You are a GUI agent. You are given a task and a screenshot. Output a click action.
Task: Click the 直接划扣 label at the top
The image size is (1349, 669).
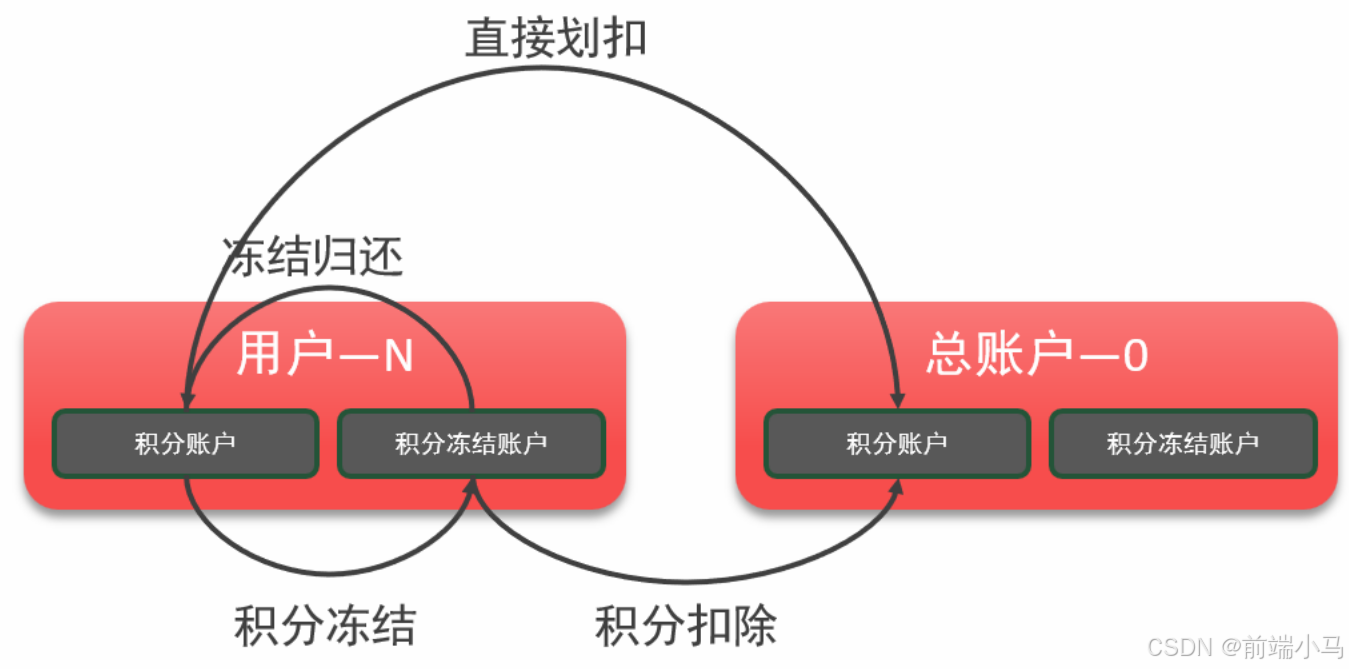[x=556, y=38]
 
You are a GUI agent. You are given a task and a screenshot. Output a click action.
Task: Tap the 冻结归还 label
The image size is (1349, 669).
[x=312, y=257]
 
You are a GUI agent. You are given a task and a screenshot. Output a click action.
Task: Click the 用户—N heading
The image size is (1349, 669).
[x=325, y=355]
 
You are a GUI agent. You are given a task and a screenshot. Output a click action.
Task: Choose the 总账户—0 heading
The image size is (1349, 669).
[x=1036, y=355]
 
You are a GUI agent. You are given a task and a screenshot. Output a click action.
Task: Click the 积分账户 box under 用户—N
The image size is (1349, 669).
[x=185, y=443]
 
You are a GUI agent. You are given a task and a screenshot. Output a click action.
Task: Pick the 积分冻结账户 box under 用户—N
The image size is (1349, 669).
[x=471, y=443]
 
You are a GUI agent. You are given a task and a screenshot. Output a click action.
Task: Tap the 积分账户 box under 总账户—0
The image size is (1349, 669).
[x=897, y=443]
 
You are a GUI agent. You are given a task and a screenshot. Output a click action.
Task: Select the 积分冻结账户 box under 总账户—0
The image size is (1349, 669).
[x=1183, y=443]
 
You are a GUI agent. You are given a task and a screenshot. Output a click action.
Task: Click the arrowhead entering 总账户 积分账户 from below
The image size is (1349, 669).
[x=897, y=486]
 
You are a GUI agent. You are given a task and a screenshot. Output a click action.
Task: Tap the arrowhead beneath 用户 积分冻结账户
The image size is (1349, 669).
[x=471, y=486]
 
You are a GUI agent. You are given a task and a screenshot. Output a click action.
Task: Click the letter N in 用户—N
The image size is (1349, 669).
[x=398, y=356]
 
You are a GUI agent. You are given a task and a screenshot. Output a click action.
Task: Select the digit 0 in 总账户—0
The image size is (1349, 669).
[x=1134, y=356]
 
